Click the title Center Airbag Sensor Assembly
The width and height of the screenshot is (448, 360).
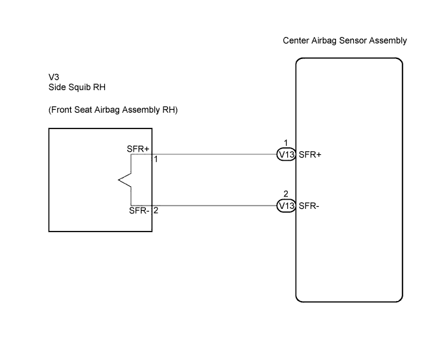point(344,41)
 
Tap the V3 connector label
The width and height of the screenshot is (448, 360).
point(54,77)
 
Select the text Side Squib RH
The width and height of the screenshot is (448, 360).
point(77,87)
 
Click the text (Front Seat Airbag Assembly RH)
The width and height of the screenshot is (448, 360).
point(113,110)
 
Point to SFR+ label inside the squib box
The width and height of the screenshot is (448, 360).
point(138,149)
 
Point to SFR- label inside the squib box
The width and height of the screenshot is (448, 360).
point(139,211)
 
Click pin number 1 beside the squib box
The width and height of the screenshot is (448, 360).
point(156,160)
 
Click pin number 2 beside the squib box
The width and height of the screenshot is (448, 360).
point(156,211)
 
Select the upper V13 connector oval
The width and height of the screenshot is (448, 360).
point(286,154)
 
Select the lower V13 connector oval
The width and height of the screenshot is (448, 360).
point(286,206)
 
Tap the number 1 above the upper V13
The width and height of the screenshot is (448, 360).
point(286,143)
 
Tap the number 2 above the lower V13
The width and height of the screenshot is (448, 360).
point(286,194)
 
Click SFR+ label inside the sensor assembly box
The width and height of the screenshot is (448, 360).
point(310,154)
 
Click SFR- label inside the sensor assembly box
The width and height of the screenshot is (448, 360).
point(309,206)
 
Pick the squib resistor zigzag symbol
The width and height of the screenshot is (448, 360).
point(125,180)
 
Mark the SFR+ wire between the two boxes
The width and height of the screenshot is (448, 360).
point(215,154)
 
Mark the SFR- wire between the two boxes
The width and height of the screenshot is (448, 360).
point(215,206)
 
